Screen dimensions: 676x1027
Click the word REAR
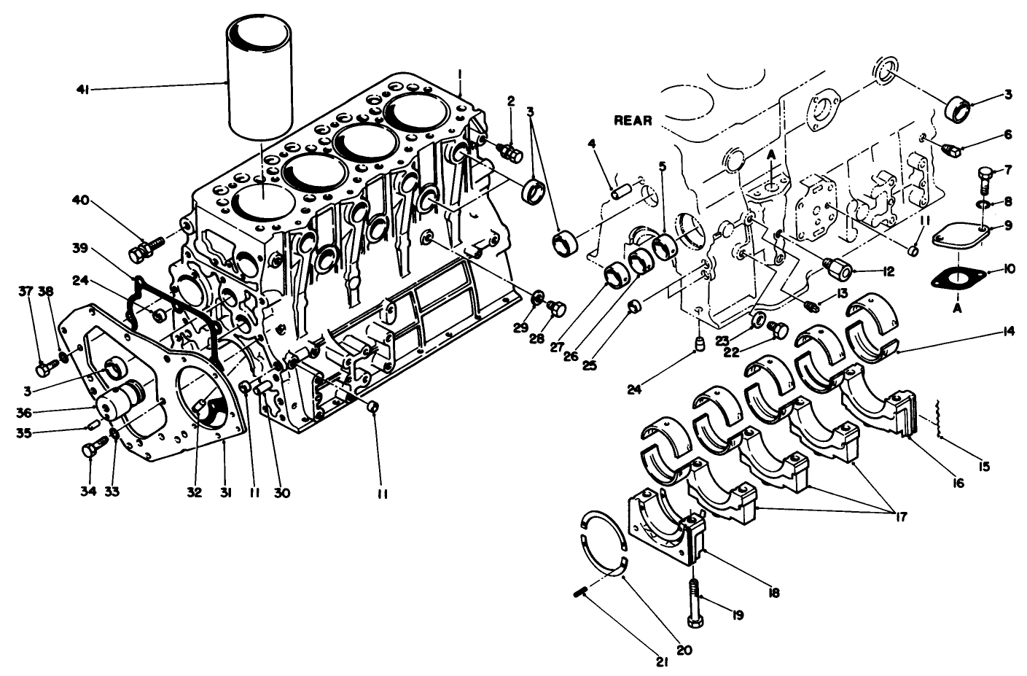click(633, 121)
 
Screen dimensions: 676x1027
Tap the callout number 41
click(82, 90)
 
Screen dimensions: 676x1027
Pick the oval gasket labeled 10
click(957, 278)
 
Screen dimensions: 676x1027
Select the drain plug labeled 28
click(558, 309)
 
